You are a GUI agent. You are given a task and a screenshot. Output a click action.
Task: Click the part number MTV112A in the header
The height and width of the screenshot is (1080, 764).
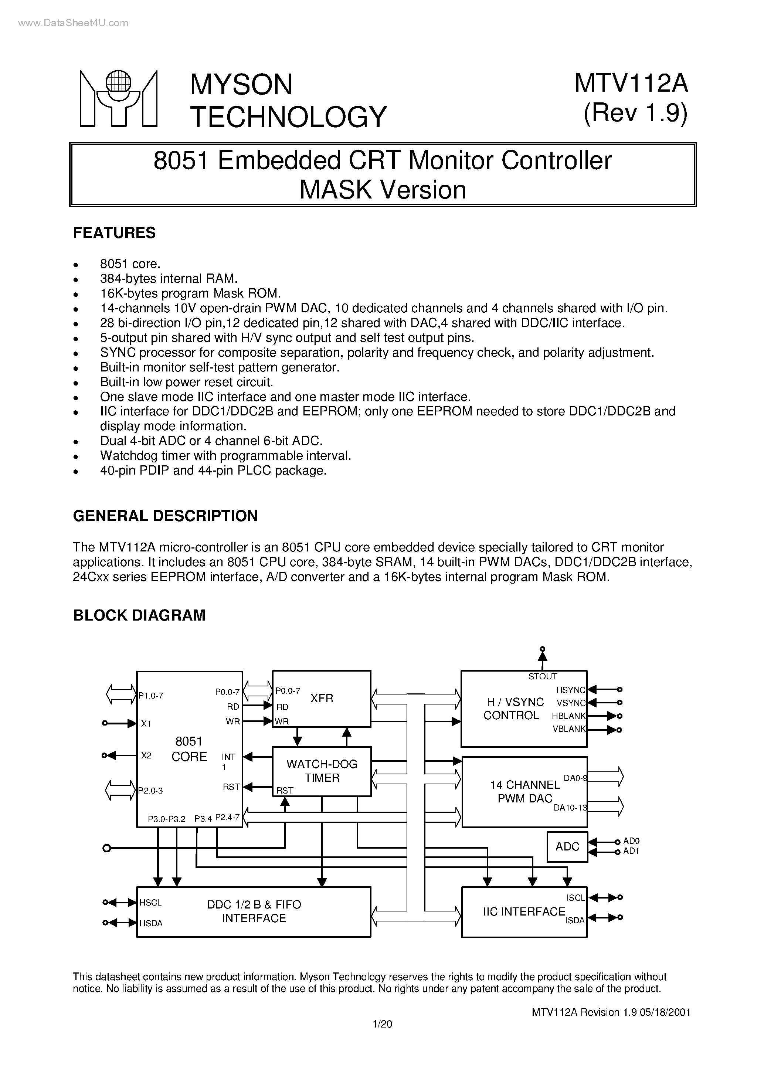[x=631, y=84]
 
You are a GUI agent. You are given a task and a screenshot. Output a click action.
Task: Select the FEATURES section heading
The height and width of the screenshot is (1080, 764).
[x=114, y=233]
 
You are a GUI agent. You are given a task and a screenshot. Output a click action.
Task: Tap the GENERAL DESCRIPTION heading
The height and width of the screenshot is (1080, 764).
[x=165, y=516]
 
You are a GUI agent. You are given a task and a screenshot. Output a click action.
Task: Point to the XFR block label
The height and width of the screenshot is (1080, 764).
[x=322, y=698]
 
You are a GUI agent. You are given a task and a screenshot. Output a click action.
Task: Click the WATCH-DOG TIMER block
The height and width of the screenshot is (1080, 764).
[x=322, y=771]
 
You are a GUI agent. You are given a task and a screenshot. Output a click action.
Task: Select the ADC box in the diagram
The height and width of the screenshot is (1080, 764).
[x=567, y=847]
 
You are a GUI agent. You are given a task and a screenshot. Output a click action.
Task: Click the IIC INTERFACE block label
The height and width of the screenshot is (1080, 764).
[x=524, y=911]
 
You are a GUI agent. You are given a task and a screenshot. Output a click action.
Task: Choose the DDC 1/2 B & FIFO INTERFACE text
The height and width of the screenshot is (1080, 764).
[x=254, y=911]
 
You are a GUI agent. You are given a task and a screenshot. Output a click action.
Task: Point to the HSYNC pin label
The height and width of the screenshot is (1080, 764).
[x=570, y=690]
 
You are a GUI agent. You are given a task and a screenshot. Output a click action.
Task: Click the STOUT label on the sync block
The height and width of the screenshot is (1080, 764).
[x=543, y=676]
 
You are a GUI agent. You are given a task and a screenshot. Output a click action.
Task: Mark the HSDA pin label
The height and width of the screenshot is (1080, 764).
[x=151, y=923]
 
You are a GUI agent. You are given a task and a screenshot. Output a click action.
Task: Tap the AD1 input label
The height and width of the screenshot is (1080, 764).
[x=631, y=851]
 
